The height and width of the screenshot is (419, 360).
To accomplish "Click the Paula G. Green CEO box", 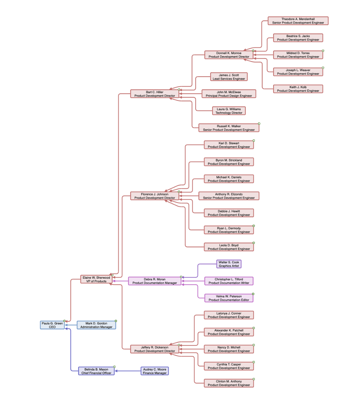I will (52, 325).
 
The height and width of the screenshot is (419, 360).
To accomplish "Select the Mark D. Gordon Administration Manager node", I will (96, 325).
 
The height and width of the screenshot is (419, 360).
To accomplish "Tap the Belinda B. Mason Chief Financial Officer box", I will (96, 371).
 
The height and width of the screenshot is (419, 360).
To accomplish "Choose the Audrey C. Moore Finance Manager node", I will (154, 371).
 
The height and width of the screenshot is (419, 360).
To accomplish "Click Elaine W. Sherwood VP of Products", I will (96, 279).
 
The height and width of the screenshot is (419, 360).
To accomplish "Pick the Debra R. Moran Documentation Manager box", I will (154, 281).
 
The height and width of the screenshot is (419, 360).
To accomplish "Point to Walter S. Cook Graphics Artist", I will (229, 264).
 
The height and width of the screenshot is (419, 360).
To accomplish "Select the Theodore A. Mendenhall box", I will (298, 21).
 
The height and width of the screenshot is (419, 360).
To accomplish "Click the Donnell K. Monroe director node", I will (229, 55).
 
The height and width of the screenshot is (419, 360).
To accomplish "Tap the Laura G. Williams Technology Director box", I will (229, 111).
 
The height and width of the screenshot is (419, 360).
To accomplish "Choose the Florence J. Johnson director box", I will (154, 196).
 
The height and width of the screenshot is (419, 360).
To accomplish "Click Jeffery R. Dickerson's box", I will (154, 349).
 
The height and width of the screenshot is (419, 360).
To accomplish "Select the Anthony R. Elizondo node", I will (229, 196).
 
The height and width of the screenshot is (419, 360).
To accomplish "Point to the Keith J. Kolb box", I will (298, 89).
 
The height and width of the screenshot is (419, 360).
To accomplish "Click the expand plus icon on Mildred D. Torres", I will (323, 51).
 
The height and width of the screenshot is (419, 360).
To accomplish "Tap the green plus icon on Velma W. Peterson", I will (253, 294).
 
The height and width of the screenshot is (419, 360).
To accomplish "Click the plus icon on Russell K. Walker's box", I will (259, 124).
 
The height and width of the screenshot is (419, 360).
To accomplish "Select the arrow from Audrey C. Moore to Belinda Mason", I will (128, 371).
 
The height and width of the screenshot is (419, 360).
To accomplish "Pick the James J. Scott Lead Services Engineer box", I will (229, 77).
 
